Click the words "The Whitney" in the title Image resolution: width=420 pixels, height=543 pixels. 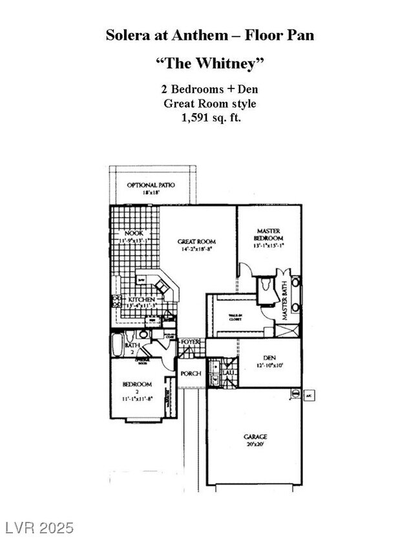tap(210, 65)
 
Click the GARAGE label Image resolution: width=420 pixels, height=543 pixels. tap(255, 436)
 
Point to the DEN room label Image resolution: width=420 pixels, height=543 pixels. tap(269, 357)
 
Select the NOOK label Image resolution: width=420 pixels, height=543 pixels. tap(134, 233)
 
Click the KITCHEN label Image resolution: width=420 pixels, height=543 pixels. tap(140, 300)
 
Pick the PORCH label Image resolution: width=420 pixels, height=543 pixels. tap(190, 374)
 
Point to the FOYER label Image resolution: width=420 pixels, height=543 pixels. tap(191, 342)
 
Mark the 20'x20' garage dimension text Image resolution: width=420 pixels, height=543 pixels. tap(255, 444)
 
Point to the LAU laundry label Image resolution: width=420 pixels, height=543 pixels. tap(228, 373)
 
